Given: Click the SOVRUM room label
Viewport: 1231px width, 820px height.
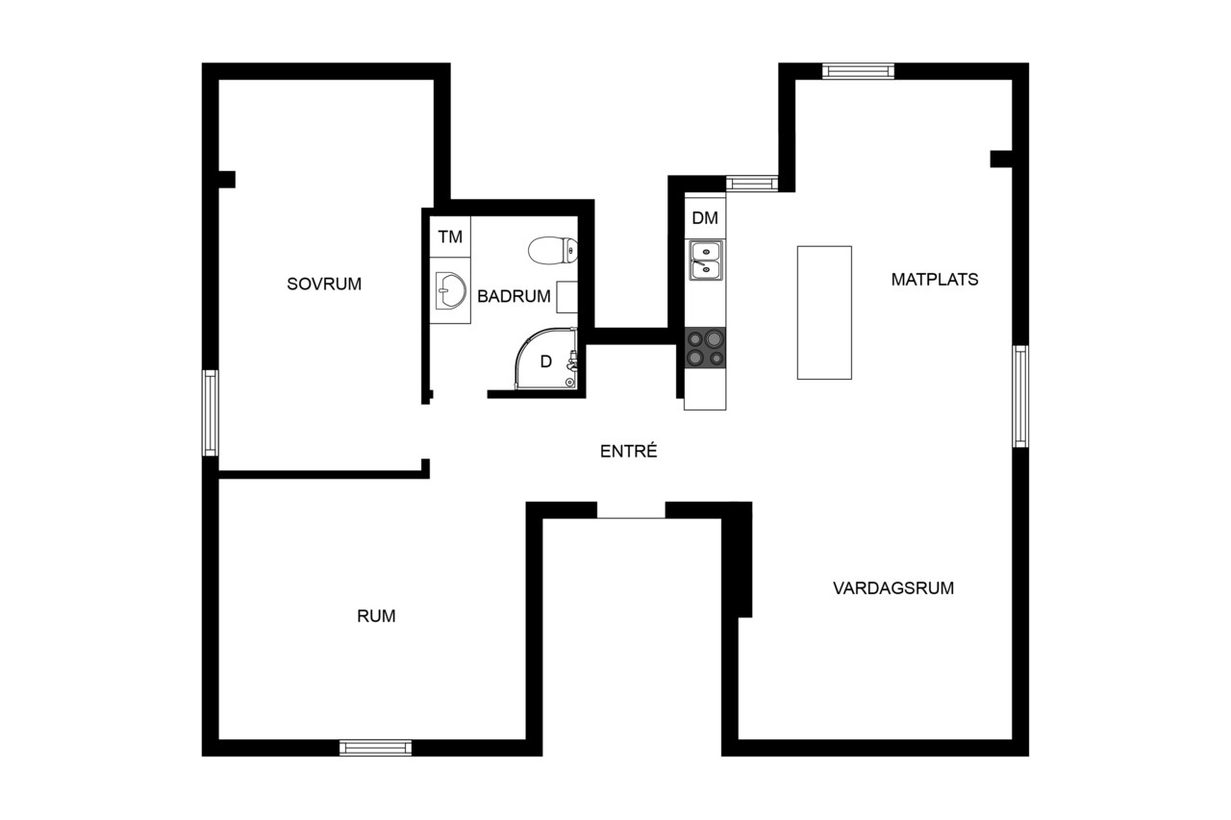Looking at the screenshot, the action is (324, 284).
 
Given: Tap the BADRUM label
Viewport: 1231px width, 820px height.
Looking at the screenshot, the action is (514, 297).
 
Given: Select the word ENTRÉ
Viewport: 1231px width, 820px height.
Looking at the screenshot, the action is (628, 451).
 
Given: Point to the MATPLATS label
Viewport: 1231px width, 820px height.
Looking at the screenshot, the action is (934, 280).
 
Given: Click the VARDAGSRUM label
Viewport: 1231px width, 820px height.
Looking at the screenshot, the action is (893, 588).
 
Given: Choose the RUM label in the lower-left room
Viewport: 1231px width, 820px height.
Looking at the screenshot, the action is (376, 616).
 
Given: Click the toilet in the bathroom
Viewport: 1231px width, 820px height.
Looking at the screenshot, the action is (553, 251).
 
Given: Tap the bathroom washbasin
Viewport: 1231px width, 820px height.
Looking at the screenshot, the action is (451, 291).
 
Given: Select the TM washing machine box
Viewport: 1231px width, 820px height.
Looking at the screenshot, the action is (449, 236).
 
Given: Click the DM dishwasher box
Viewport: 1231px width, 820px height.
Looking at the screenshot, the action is (705, 218).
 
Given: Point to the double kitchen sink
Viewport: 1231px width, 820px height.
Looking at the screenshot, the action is (706, 261).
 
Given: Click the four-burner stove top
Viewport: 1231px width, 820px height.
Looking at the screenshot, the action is (705, 348).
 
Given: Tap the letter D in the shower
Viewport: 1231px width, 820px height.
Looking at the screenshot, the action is (545, 361).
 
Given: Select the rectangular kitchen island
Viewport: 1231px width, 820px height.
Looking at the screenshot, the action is (824, 312).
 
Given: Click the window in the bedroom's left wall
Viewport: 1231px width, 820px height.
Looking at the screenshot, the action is (211, 413).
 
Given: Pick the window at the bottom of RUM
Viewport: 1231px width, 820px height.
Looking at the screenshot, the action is (375, 748).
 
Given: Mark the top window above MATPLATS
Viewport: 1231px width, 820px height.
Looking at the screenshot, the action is (858, 71).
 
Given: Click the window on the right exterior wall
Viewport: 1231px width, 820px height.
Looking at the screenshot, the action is (1020, 397).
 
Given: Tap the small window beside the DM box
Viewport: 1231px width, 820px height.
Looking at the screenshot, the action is (752, 183).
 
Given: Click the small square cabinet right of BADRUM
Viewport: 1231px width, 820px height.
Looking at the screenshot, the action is (567, 297).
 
